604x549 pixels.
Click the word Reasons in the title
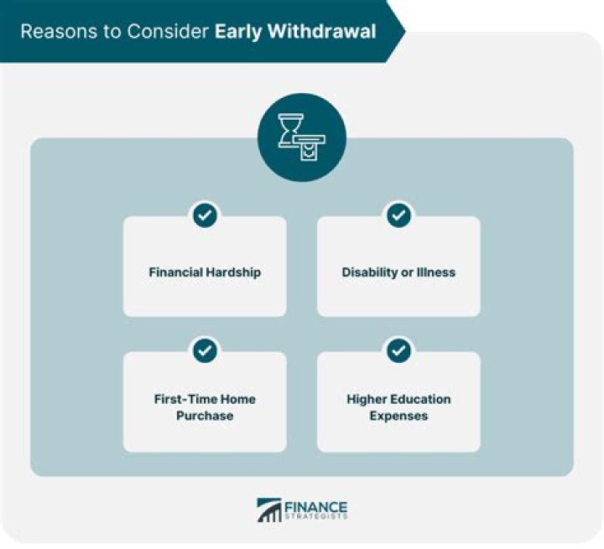[x=52, y=32]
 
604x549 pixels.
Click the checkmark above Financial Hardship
[x=205, y=215]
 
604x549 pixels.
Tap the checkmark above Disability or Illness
[x=398, y=215]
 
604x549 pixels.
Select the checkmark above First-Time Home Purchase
[x=205, y=350]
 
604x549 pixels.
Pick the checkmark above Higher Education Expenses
[x=398, y=350]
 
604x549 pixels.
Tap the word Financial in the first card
[x=176, y=272]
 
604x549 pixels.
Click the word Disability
[x=369, y=272]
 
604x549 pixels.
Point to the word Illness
[x=436, y=272]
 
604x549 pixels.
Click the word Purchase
[x=205, y=416]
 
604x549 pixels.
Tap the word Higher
[x=367, y=399]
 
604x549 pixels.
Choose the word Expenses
[x=398, y=416]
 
